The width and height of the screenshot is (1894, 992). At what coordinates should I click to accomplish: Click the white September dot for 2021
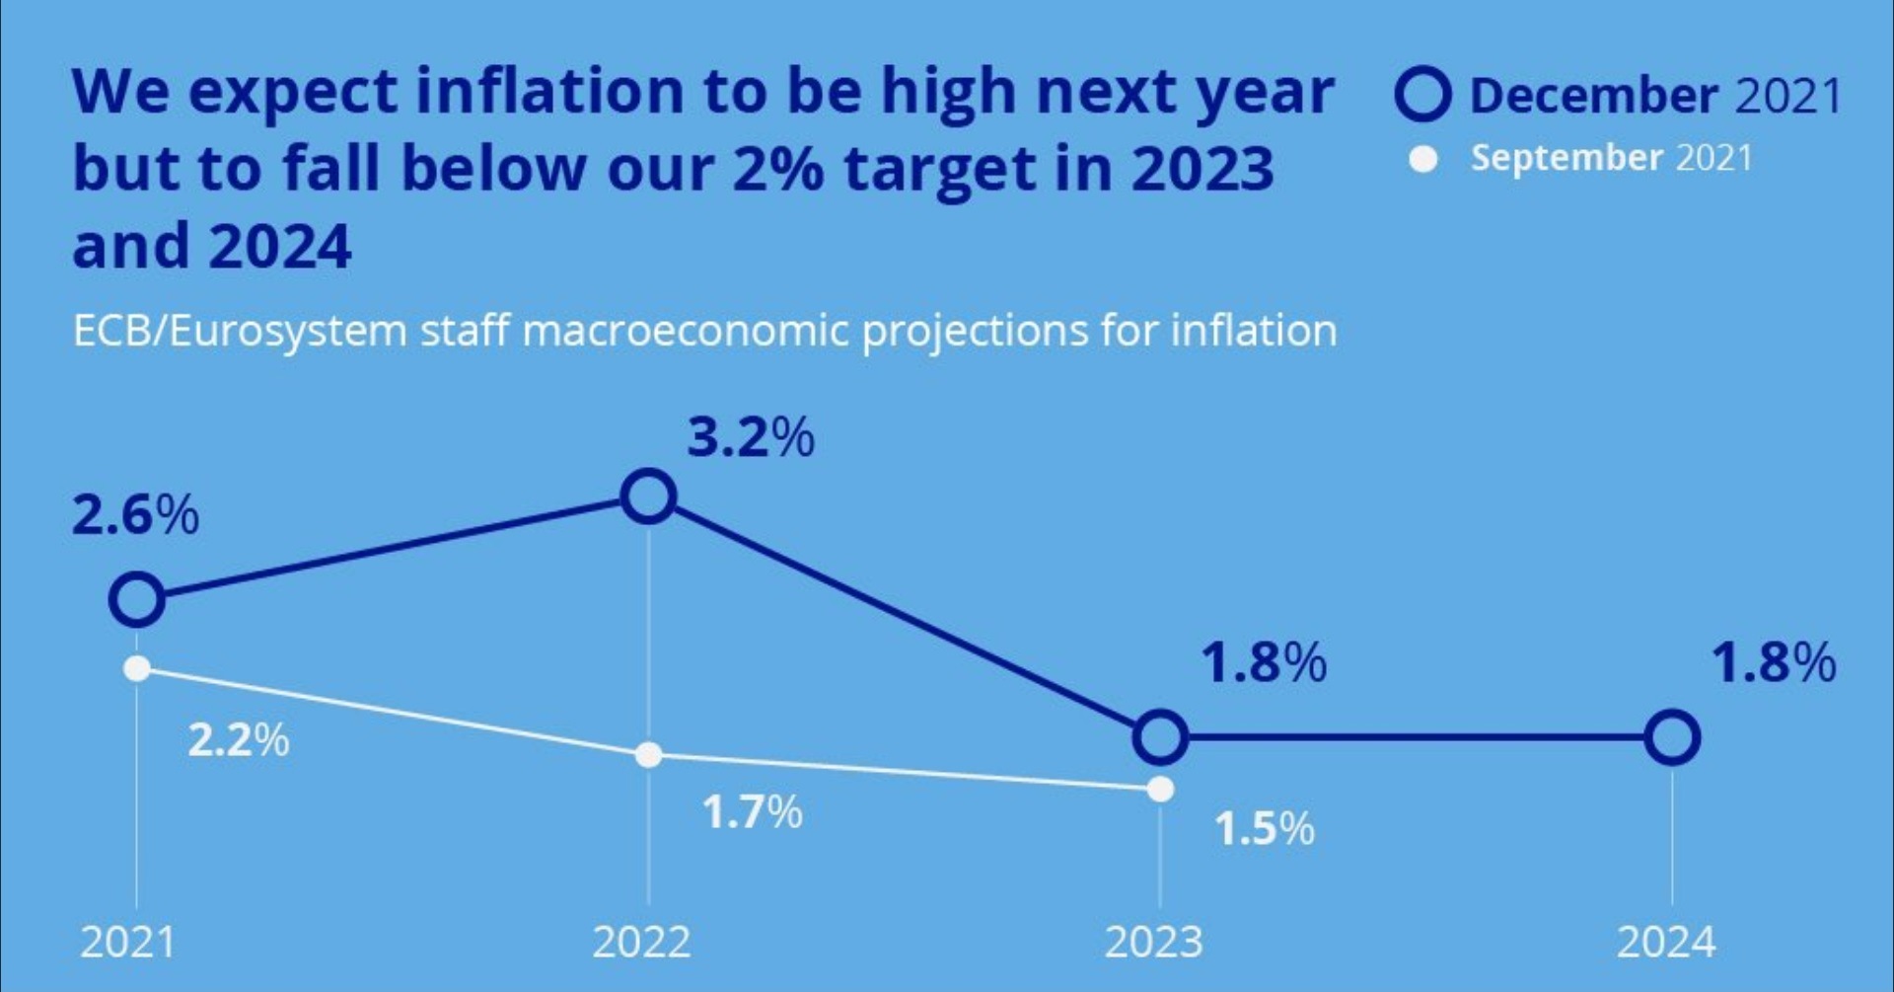(137, 668)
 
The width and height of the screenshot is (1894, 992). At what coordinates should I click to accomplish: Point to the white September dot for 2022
(648, 755)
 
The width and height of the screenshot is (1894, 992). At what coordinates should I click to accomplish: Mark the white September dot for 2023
(1161, 790)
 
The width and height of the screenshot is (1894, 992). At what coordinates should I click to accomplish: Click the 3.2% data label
(751, 437)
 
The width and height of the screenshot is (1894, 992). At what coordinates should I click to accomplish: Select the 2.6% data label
(135, 515)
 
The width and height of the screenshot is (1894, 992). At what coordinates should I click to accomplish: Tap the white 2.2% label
(239, 739)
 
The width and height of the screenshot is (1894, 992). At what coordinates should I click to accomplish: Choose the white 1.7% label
(752, 812)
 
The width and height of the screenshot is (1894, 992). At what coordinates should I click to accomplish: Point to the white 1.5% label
(1264, 828)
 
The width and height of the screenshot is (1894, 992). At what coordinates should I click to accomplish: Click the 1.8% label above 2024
(1774, 662)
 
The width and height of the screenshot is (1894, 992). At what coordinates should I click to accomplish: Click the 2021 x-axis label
(127, 942)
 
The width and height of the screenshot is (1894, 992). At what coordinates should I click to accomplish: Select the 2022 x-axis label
(641, 942)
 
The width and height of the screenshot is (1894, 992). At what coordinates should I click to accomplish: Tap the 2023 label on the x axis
(1153, 942)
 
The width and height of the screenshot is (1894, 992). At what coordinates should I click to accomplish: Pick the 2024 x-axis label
(1666, 942)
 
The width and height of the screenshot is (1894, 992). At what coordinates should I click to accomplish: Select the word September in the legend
(1566, 158)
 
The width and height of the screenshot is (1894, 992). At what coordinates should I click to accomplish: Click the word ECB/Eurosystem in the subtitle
(240, 331)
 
